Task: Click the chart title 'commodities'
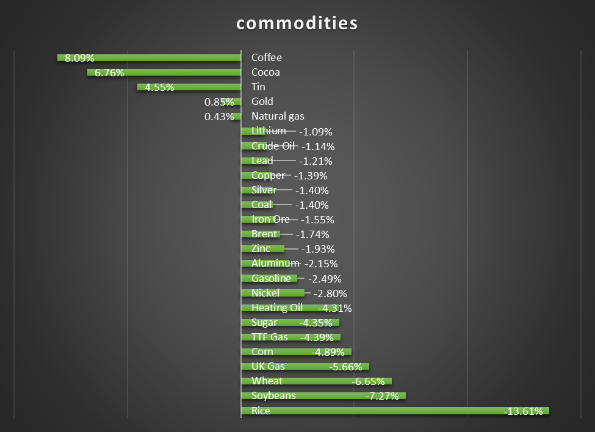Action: [297, 23]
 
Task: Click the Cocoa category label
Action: [265, 72]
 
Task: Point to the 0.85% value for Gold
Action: [219, 102]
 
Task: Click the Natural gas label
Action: [278, 116]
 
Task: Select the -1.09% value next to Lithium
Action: [316, 131]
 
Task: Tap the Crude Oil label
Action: [273, 146]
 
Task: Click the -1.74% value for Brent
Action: [312, 234]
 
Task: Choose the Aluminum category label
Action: [275, 263]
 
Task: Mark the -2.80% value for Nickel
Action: [330, 293]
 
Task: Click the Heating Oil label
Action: [277, 308]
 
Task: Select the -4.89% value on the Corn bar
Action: [328, 352]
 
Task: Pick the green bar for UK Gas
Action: [305, 367]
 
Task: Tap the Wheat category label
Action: [267, 381]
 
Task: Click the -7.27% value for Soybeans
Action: [382, 397]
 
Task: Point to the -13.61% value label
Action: [523, 411]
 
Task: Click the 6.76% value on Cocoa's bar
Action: [109, 73]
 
